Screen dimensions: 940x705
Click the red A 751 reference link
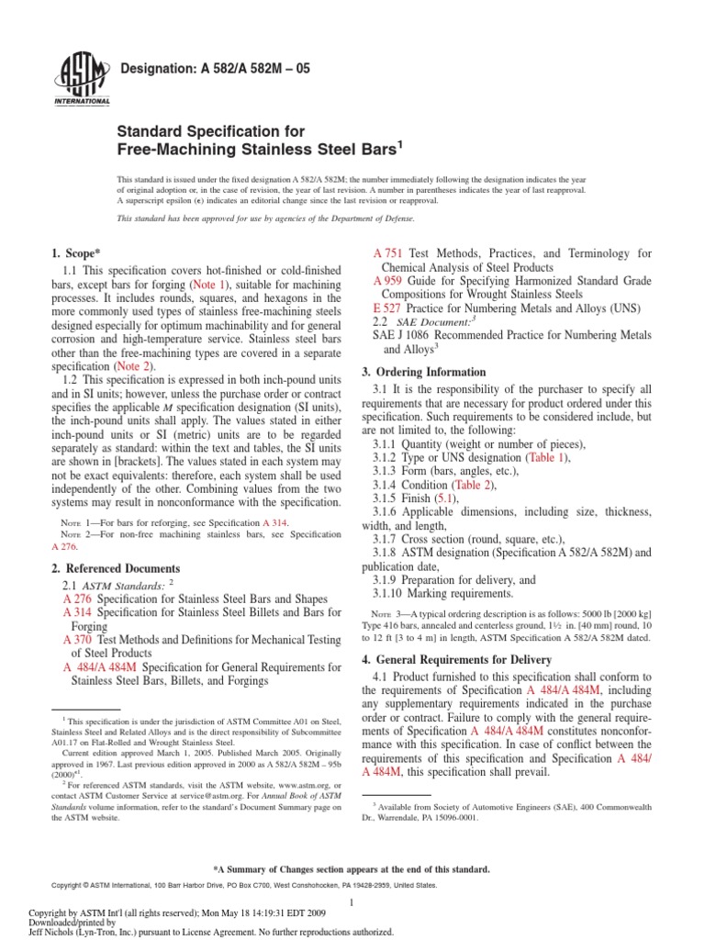(x=389, y=253)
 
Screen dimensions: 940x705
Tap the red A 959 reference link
(x=389, y=280)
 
